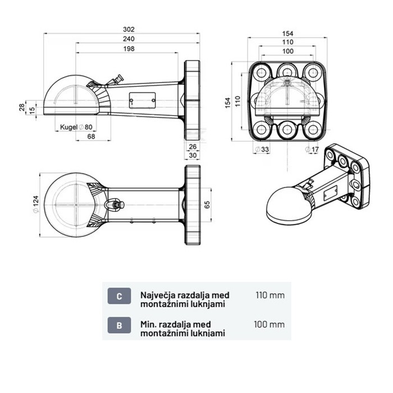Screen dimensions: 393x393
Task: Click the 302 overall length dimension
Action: click(x=129, y=30)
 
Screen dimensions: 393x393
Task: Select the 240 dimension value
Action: click(x=129, y=39)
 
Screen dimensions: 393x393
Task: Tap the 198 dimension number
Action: click(x=129, y=49)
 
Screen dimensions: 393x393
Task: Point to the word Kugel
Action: click(x=68, y=127)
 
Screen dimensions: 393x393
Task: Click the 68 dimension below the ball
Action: click(x=91, y=136)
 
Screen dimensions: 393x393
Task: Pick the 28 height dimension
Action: click(x=22, y=107)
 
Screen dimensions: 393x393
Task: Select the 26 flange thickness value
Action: click(x=193, y=147)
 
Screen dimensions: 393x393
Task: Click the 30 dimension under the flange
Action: click(x=193, y=156)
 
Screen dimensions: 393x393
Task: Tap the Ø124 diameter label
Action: click(x=36, y=204)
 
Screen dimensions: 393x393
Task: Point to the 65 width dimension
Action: click(x=207, y=204)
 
